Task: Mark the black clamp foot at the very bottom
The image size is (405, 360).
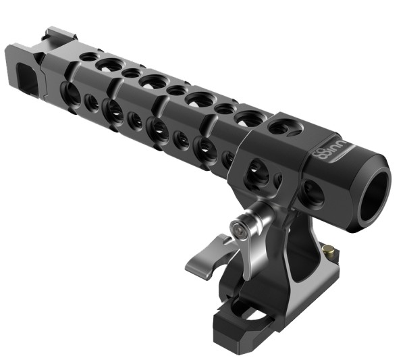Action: click(236, 324)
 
